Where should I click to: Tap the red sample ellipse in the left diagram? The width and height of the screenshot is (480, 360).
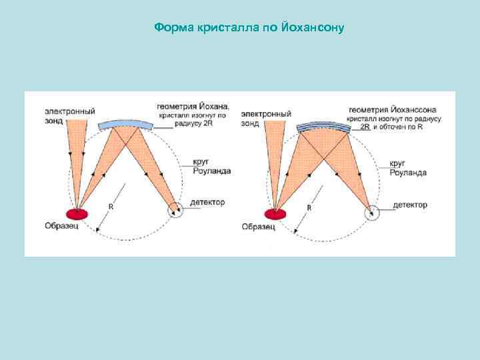coord(77,213)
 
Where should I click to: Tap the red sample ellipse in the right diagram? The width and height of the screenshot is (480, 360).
coord(274,214)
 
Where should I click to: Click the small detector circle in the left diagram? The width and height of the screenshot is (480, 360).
coord(176,210)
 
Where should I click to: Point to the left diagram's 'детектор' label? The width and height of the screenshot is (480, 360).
coord(207,202)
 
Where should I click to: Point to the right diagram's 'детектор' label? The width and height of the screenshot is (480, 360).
coord(409,205)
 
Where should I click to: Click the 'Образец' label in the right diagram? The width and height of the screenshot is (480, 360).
coord(258,227)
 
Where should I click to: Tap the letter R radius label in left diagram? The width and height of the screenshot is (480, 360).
coord(111,207)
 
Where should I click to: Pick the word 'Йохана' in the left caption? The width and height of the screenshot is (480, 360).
coord(213,106)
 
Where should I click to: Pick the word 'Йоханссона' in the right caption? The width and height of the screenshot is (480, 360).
coord(414,109)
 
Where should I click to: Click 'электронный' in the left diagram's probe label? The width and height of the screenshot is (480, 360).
coord(70,111)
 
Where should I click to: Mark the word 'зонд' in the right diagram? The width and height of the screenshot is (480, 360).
coord(250,123)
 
